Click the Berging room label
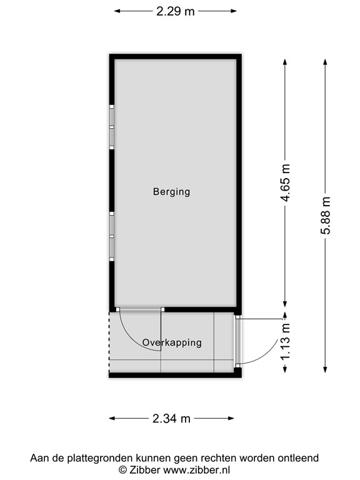(x=171, y=192)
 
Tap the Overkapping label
(x=172, y=342)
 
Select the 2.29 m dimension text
(x=176, y=11)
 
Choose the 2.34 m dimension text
(x=172, y=419)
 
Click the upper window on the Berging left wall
(x=112, y=127)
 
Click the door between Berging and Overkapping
(x=141, y=309)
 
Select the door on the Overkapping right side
(x=237, y=341)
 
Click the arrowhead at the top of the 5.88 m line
(x=325, y=61)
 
